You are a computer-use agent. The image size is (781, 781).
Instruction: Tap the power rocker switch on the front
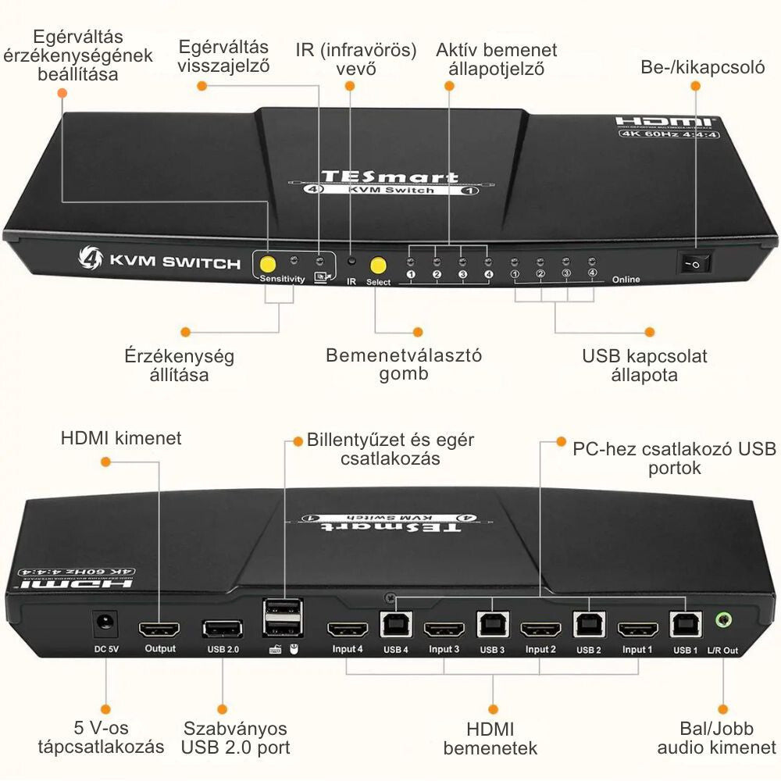tap(694, 263)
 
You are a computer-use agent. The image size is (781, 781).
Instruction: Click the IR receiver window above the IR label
tap(351, 262)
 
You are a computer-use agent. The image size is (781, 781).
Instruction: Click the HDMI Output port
tap(159, 629)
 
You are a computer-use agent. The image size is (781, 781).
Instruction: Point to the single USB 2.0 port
tap(222, 629)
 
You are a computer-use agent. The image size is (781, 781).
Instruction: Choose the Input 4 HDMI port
tap(348, 629)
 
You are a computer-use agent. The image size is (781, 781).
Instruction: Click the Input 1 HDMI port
tap(638, 629)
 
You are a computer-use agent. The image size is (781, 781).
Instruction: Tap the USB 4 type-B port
tap(395, 624)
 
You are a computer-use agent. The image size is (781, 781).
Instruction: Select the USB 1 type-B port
tap(685, 624)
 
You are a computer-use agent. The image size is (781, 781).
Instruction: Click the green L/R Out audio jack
tap(724, 622)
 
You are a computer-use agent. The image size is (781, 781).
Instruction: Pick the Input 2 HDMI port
tap(540, 629)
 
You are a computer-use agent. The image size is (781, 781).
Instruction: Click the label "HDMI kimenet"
tap(121, 438)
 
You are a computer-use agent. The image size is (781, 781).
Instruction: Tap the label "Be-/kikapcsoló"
tap(702, 66)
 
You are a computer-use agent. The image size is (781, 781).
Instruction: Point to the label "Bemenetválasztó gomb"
tap(404, 364)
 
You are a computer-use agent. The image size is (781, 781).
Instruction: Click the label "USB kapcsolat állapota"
tap(644, 366)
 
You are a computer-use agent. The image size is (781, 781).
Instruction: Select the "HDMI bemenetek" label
tap(490, 739)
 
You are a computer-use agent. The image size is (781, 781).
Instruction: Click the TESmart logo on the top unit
tap(390, 177)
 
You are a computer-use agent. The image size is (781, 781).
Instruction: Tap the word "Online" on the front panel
tap(626, 279)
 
